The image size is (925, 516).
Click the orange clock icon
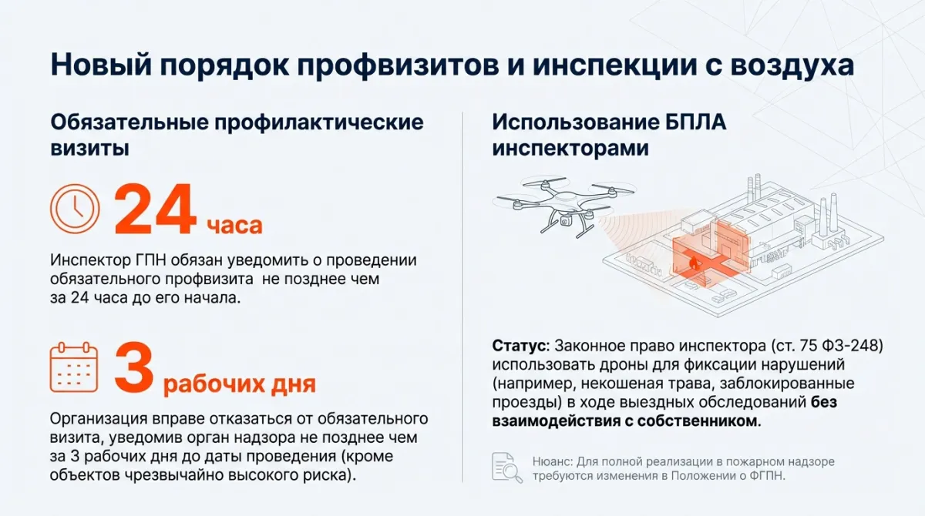(x=75, y=209)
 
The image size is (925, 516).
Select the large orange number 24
(x=155, y=209)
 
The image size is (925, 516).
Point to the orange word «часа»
(x=234, y=225)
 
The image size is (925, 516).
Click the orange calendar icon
(x=74, y=367)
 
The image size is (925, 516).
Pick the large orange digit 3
(x=135, y=367)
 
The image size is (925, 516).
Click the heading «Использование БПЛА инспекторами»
(x=609, y=136)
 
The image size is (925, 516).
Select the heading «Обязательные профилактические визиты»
(x=237, y=136)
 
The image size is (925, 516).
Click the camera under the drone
(x=566, y=223)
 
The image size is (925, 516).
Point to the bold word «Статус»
(x=519, y=346)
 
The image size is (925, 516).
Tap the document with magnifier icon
(x=507, y=467)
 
